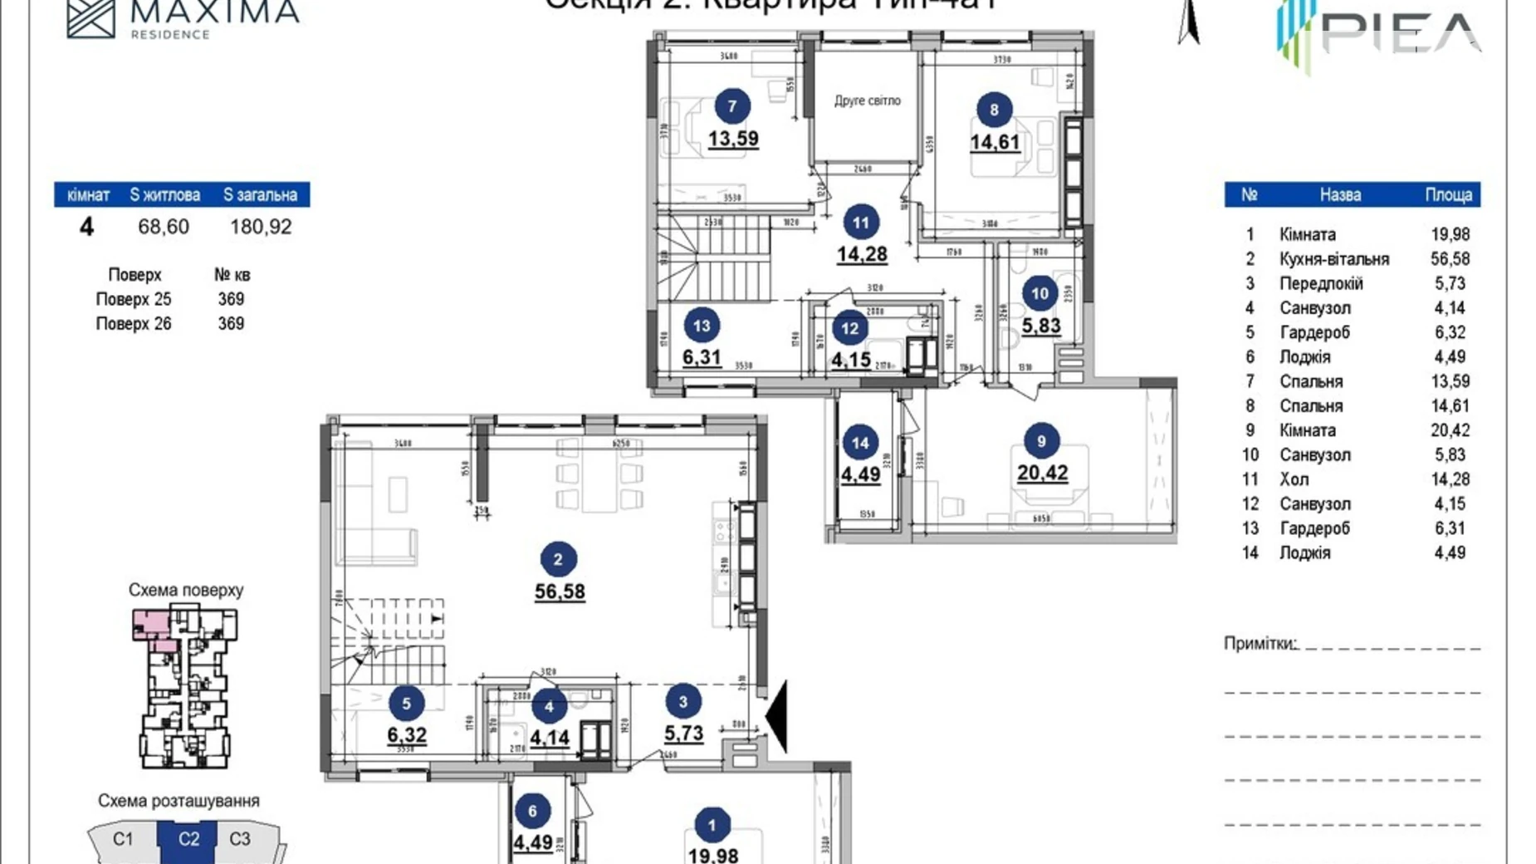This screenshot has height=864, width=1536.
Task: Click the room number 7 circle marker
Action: pos(731,106)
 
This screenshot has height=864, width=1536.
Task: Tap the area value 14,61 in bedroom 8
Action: pos(994,142)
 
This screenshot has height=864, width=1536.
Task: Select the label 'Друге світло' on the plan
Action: pos(867,101)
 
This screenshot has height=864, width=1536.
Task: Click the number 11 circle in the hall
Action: pos(860,223)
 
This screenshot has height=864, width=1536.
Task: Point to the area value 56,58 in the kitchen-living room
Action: pos(559,592)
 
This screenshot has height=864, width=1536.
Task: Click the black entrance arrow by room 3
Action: pos(776,715)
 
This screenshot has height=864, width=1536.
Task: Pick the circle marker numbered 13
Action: pos(702,326)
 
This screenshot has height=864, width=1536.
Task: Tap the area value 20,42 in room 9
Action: pos(1042,473)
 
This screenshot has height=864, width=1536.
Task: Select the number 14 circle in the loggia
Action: pos(859,443)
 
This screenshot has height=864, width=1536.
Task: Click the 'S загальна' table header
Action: pos(260,195)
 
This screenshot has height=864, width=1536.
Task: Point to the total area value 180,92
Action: pos(260,227)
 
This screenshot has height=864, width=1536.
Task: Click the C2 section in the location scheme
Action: pos(188,839)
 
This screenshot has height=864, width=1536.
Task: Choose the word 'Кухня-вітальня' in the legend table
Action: pos(1333,259)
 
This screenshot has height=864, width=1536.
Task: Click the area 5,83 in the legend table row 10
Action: pos(1450,455)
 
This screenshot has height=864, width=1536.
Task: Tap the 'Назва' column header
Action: pos(1339,195)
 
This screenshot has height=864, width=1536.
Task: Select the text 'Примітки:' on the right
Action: pos(1260,644)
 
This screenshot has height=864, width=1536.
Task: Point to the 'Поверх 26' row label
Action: pos(133,324)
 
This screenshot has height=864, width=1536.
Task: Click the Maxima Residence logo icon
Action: pos(90,17)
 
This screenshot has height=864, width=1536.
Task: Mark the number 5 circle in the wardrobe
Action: pos(406,704)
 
